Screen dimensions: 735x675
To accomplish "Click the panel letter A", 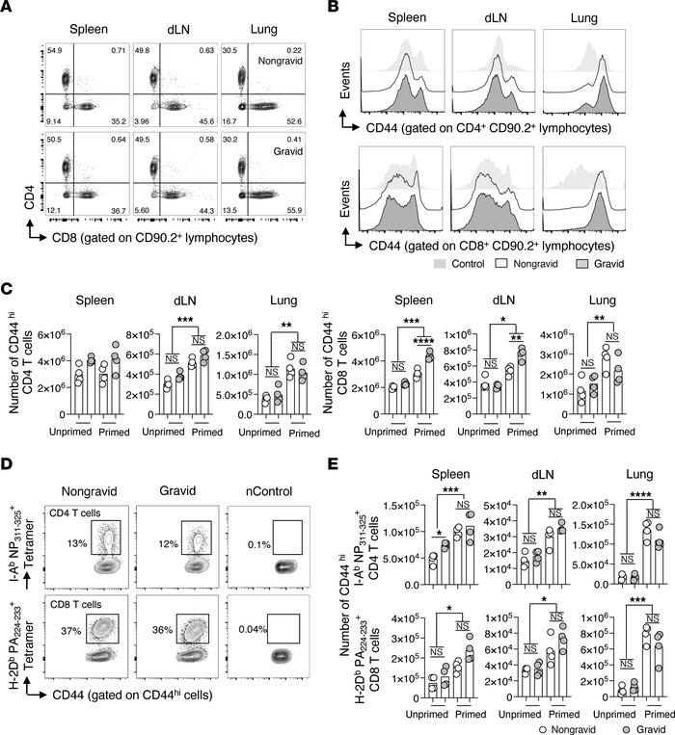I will click(9, 9).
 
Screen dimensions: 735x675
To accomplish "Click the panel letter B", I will click(356, 9).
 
